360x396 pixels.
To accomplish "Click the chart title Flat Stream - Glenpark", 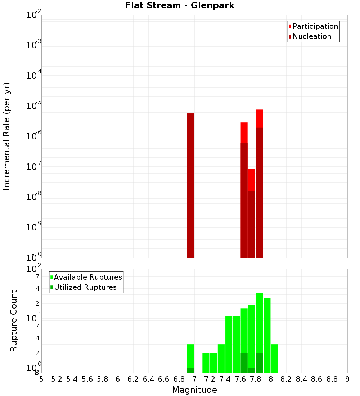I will [180, 6].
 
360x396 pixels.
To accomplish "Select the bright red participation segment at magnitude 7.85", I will [259, 118].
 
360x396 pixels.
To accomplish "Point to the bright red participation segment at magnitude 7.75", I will [252, 180].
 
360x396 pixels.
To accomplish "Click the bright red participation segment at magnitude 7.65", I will [244, 132].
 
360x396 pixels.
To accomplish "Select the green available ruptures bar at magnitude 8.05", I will [275, 358].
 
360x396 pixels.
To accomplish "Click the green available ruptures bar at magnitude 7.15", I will [206, 363].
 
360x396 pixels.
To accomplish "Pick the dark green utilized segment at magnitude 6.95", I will [191, 370].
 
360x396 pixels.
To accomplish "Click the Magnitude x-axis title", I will [194, 390].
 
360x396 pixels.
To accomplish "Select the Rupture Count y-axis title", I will [14, 321].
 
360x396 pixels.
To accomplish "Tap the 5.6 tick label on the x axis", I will [87, 379].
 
